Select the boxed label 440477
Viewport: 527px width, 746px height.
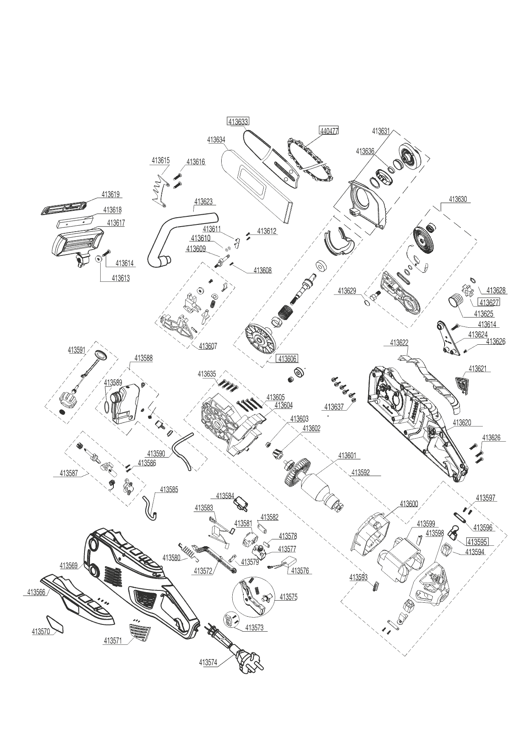pos(329,131)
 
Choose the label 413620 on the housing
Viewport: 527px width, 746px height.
pos(462,423)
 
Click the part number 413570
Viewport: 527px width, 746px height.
pos(41,631)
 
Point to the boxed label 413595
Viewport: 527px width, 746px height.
pos(477,542)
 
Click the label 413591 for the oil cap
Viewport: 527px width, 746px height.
pos(76,350)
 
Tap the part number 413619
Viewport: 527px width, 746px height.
pos(110,194)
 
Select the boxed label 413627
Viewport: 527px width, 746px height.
pos(489,302)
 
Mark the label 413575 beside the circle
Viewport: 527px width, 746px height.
pos(288,597)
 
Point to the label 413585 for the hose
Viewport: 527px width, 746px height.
pos(169,490)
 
